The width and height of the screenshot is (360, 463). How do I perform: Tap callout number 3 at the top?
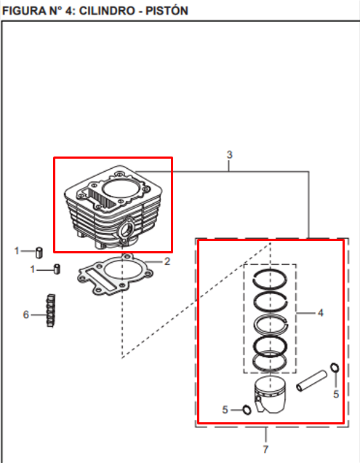(x=230, y=155)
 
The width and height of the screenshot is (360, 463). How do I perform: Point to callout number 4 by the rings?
(x=320, y=313)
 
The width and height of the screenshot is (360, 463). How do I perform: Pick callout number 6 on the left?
(x=25, y=314)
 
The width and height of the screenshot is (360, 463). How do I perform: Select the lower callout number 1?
(x=31, y=269)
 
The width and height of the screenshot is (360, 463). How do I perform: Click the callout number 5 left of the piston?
(x=225, y=410)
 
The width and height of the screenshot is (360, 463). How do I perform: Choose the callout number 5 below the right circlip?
(x=335, y=394)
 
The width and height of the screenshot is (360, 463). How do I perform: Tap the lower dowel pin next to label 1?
(x=55, y=270)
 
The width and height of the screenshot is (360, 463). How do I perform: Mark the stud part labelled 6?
(x=51, y=311)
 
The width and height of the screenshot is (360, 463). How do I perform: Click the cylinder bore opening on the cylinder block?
(x=118, y=185)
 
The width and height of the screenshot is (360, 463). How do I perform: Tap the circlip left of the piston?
(x=247, y=410)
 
